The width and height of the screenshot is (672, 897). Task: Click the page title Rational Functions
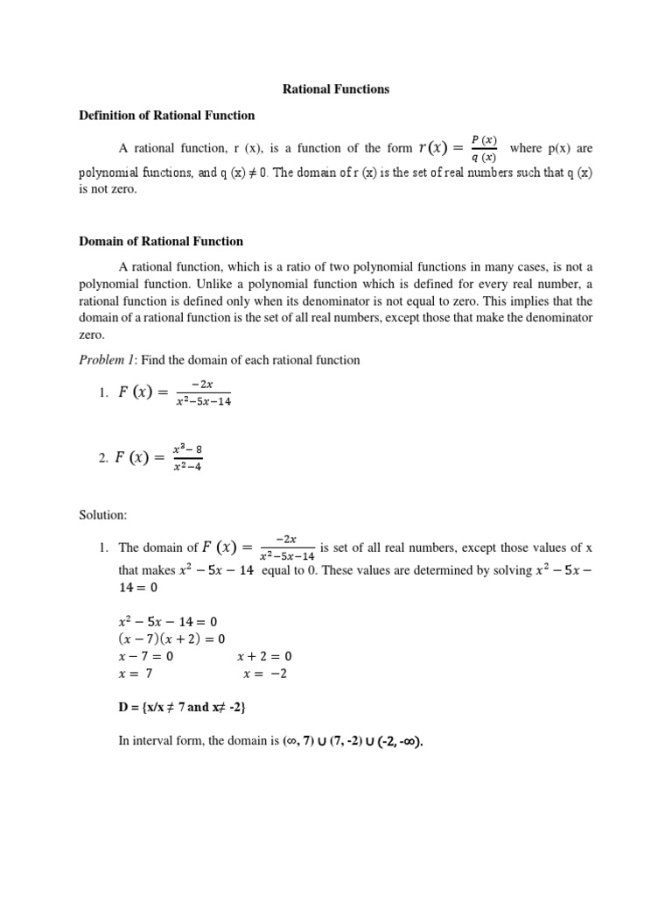point(336,88)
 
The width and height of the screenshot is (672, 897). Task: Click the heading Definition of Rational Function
point(167,115)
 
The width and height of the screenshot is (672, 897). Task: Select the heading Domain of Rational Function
point(161,241)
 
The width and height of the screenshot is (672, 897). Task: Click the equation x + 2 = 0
point(264,656)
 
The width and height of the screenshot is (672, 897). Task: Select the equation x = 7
point(141,674)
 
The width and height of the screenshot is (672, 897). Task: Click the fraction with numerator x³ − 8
point(188,458)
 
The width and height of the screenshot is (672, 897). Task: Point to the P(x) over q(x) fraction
point(483,148)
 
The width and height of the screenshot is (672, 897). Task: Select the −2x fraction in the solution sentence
point(286,547)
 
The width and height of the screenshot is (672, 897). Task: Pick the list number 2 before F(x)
point(102,457)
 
